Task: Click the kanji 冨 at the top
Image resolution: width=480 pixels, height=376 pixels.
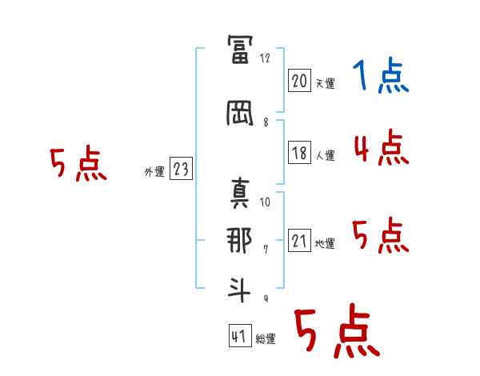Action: (x=240, y=50)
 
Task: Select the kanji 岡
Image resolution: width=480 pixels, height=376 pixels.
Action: (x=240, y=114)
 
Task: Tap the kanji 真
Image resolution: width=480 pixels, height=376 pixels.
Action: (x=240, y=193)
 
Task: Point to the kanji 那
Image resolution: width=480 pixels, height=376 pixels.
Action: (x=239, y=240)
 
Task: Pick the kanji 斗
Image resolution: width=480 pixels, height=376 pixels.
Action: (x=239, y=290)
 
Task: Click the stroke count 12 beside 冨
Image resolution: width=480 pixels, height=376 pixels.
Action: (x=265, y=58)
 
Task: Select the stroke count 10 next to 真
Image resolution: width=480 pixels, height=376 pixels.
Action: (x=265, y=202)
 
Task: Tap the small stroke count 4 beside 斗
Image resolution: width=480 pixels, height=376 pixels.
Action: (x=266, y=298)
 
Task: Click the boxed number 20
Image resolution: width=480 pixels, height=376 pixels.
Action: (x=299, y=81)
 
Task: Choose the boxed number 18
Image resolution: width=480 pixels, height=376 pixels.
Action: (x=299, y=152)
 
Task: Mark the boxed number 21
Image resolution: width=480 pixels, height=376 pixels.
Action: (x=299, y=240)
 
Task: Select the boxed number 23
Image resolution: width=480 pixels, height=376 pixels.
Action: (x=181, y=169)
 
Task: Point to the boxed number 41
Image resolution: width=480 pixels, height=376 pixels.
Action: (x=240, y=335)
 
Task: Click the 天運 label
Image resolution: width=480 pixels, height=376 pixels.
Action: (x=325, y=83)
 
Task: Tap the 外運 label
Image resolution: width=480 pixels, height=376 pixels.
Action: (x=154, y=172)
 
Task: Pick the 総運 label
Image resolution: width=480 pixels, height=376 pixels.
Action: (x=266, y=339)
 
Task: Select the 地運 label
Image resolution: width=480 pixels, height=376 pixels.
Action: (x=325, y=244)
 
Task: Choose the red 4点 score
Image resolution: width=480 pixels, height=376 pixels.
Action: (x=382, y=147)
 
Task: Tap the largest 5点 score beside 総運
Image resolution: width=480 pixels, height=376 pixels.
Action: (x=338, y=331)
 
